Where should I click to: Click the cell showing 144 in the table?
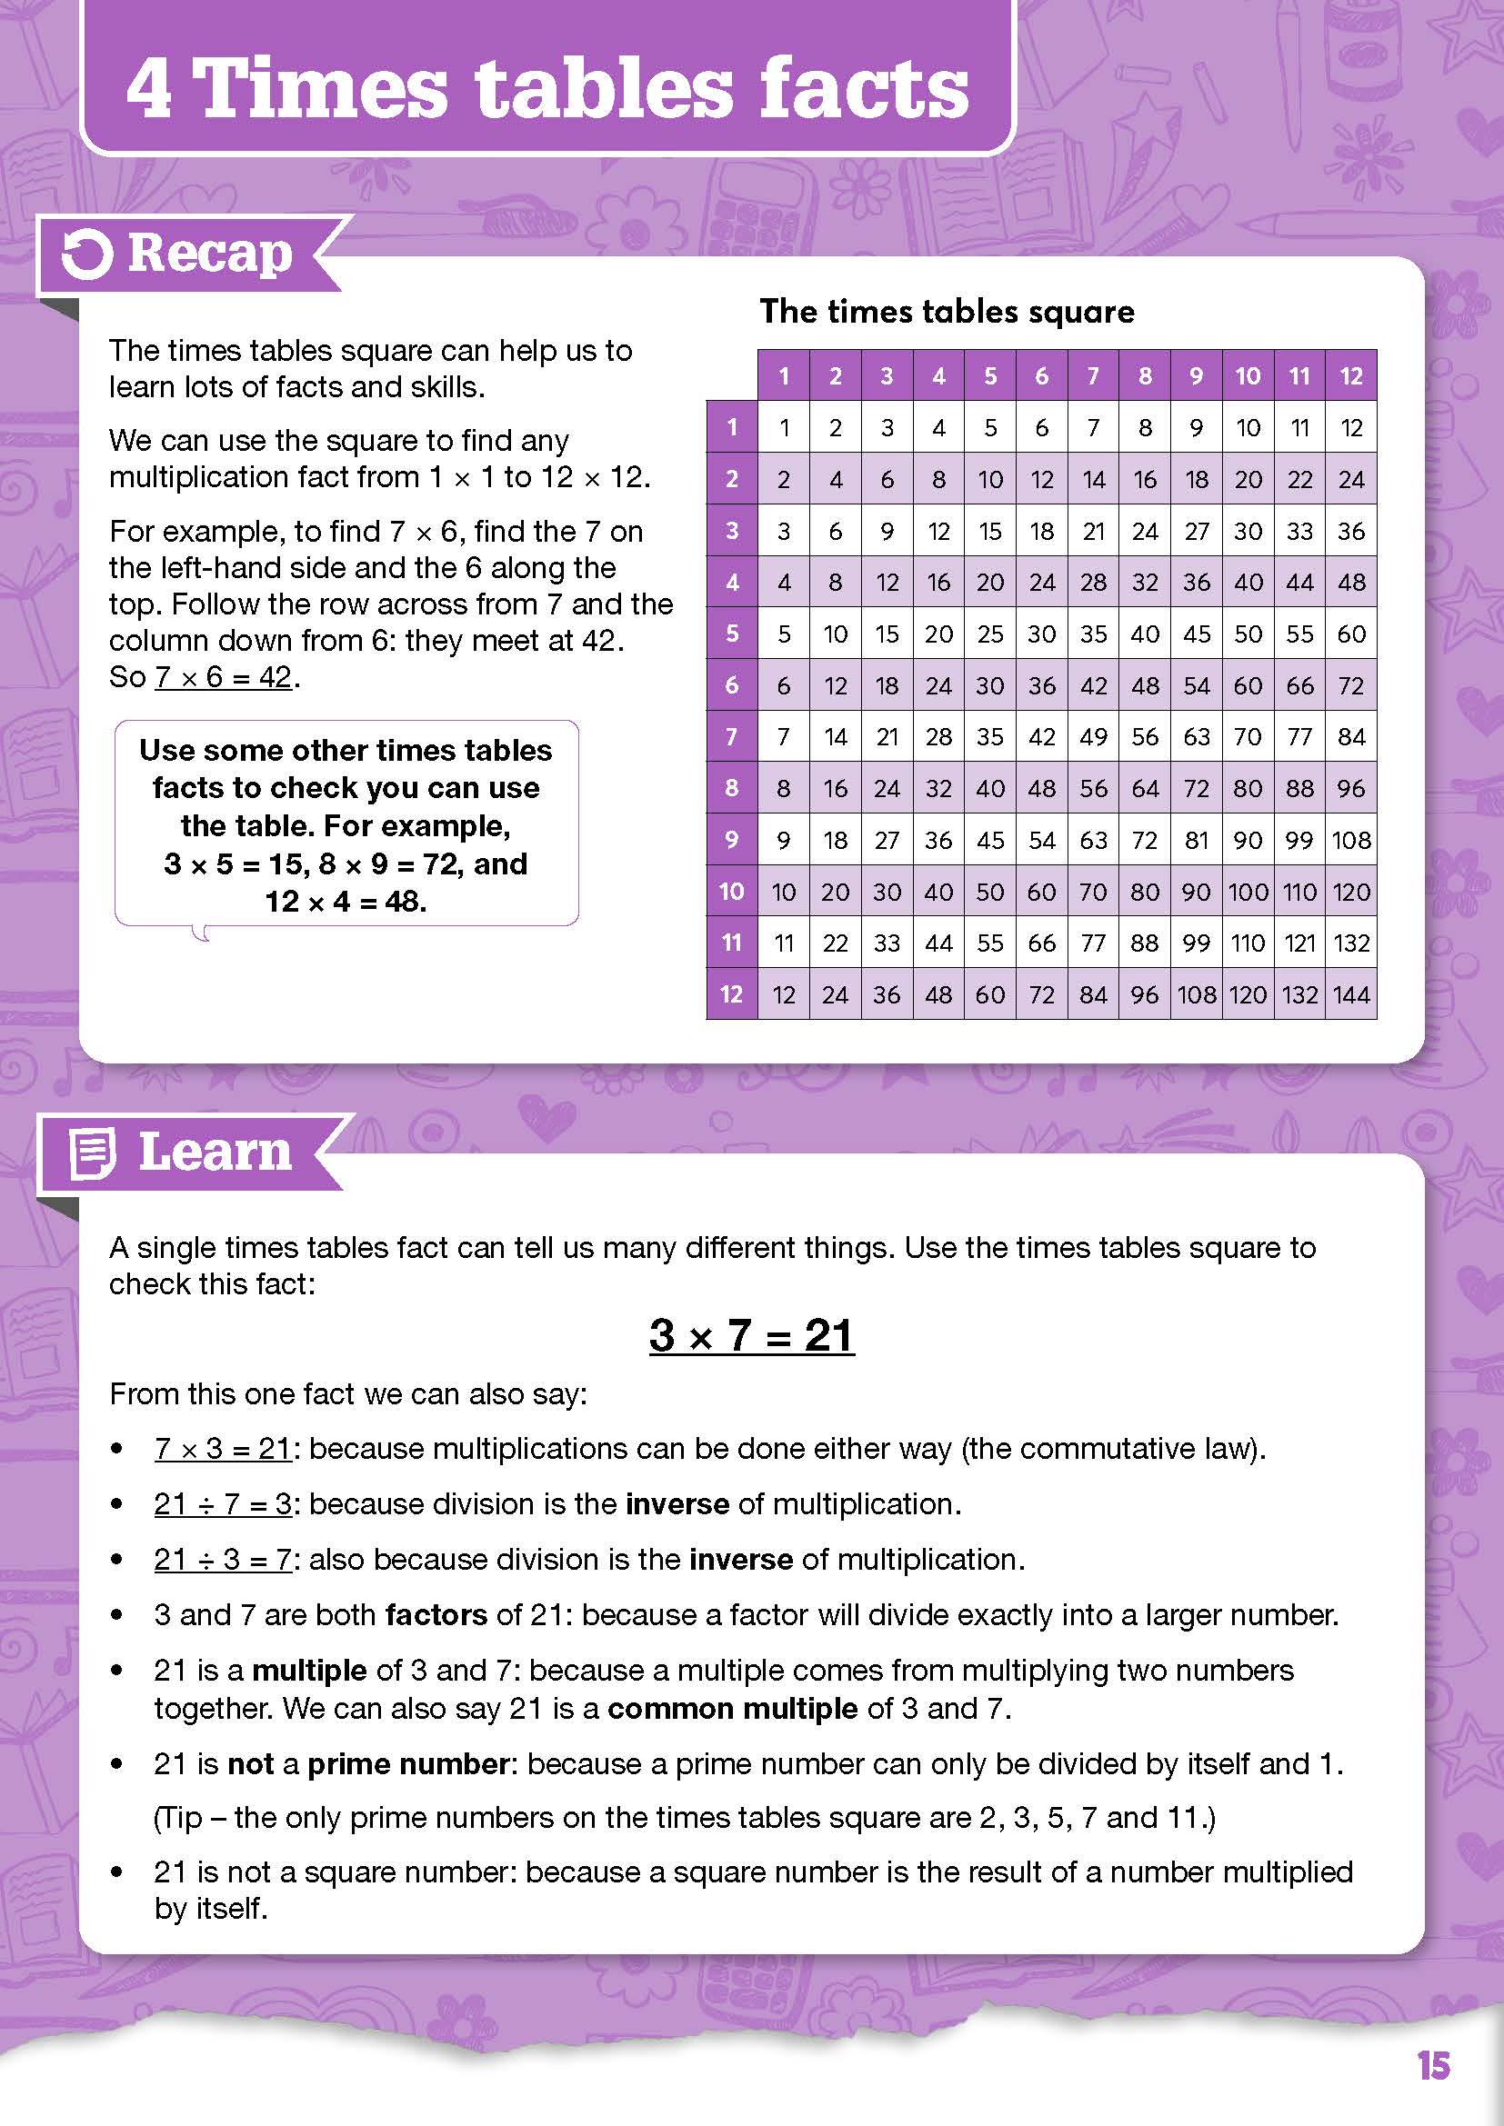click(x=1351, y=994)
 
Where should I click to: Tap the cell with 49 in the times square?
click(x=1094, y=737)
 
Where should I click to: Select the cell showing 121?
click(x=1299, y=943)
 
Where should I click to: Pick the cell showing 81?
click(x=1197, y=840)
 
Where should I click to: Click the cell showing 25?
click(x=990, y=634)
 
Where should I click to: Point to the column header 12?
click(x=1351, y=376)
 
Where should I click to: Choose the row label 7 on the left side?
click(x=732, y=737)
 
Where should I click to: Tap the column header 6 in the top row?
click(x=1042, y=376)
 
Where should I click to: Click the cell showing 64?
click(x=1145, y=788)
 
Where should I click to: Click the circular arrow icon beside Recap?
click(x=87, y=255)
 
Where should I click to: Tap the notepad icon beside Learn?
click(x=93, y=1153)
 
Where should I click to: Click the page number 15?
click(x=1433, y=2065)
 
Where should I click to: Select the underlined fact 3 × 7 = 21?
click(x=751, y=1335)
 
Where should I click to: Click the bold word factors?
click(x=436, y=1615)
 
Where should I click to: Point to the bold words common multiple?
click(x=733, y=1709)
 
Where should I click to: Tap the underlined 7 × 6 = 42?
click(x=223, y=677)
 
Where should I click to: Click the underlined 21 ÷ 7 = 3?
click(x=223, y=1503)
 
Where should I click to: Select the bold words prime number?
click(x=407, y=1764)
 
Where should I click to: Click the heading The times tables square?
click(x=947, y=311)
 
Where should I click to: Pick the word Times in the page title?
click(x=323, y=88)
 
